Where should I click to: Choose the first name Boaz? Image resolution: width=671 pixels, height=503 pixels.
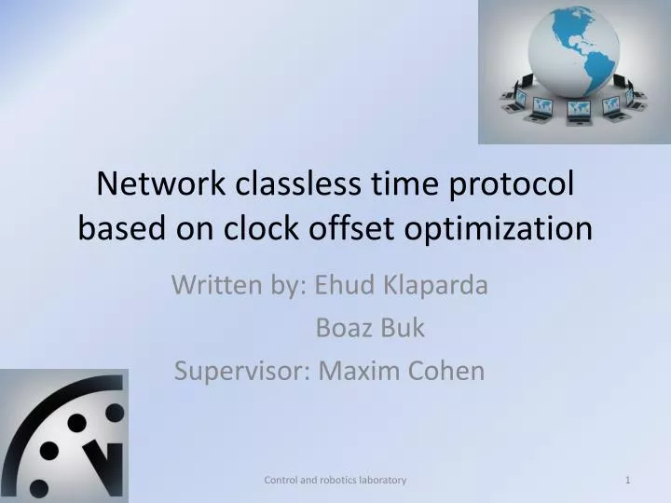pyautogui.click(x=345, y=328)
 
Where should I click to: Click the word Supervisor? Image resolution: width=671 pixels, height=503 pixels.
pyautogui.click(x=240, y=371)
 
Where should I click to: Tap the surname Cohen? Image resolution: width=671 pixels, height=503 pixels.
pyautogui.click(x=446, y=371)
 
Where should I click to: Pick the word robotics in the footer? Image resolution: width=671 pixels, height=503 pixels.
pyautogui.click(x=333, y=479)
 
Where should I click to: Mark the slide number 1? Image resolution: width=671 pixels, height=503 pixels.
pyautogui.click(x=629, y=479)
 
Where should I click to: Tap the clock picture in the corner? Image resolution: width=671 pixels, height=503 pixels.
pyautogui.click(x=63, y=435)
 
